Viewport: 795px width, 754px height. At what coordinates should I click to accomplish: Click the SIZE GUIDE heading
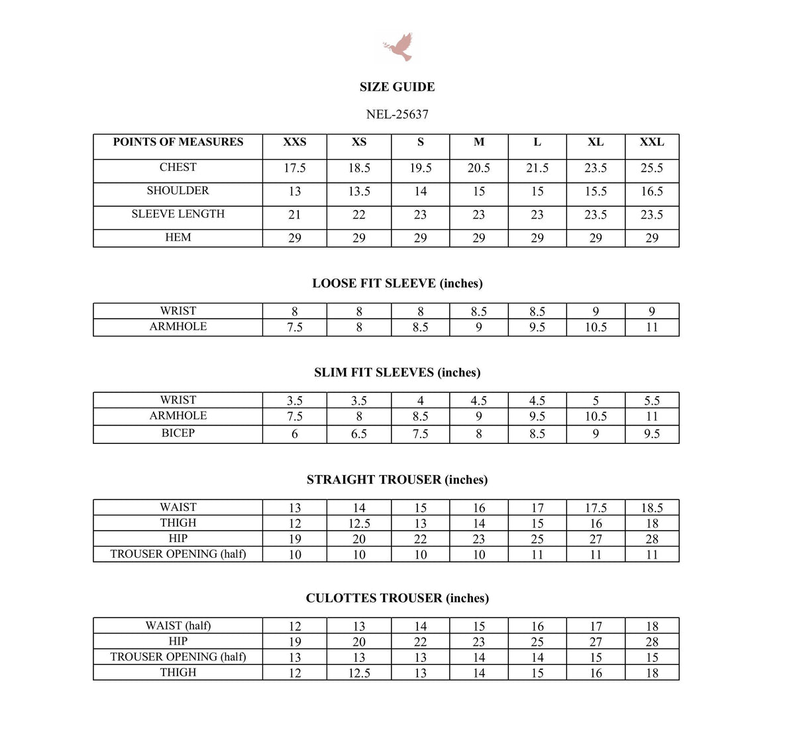click(397, 87)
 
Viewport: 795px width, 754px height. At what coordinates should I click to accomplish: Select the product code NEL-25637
click(397, 115)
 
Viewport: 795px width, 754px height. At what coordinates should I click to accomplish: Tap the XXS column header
click(294, 142)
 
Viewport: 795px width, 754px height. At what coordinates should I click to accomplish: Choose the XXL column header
click(651, 142)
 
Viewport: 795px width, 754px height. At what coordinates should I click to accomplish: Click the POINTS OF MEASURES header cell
click(178, 142)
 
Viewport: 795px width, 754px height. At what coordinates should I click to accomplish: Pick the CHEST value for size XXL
click(651, 168)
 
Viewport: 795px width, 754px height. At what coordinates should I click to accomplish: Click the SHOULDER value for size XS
click(359, 191)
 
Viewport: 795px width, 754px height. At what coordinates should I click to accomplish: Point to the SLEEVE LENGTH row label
click(178, 214)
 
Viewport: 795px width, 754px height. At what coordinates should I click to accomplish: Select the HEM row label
click(178, 237)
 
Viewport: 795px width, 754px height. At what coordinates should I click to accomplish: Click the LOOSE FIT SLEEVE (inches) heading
click(397, 284)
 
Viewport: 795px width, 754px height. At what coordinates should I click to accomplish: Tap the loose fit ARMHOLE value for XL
click(595, 327)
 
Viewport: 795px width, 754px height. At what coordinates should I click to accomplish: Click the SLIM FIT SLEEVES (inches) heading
click(397, 372)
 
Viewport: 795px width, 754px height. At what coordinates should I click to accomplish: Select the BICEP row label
click(178, 433)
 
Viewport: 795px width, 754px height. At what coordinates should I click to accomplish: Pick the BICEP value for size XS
click(359, 434)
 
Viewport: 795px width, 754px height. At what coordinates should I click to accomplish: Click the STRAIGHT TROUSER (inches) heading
click(397, 480)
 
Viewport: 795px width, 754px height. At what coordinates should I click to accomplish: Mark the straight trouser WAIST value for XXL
click(651, 508)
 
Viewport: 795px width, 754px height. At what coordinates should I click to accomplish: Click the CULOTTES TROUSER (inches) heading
click(397, 598)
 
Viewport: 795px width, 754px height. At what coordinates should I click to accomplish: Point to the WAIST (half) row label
click(178, 625)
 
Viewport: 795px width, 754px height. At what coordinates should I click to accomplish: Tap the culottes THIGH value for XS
click(359, 673)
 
